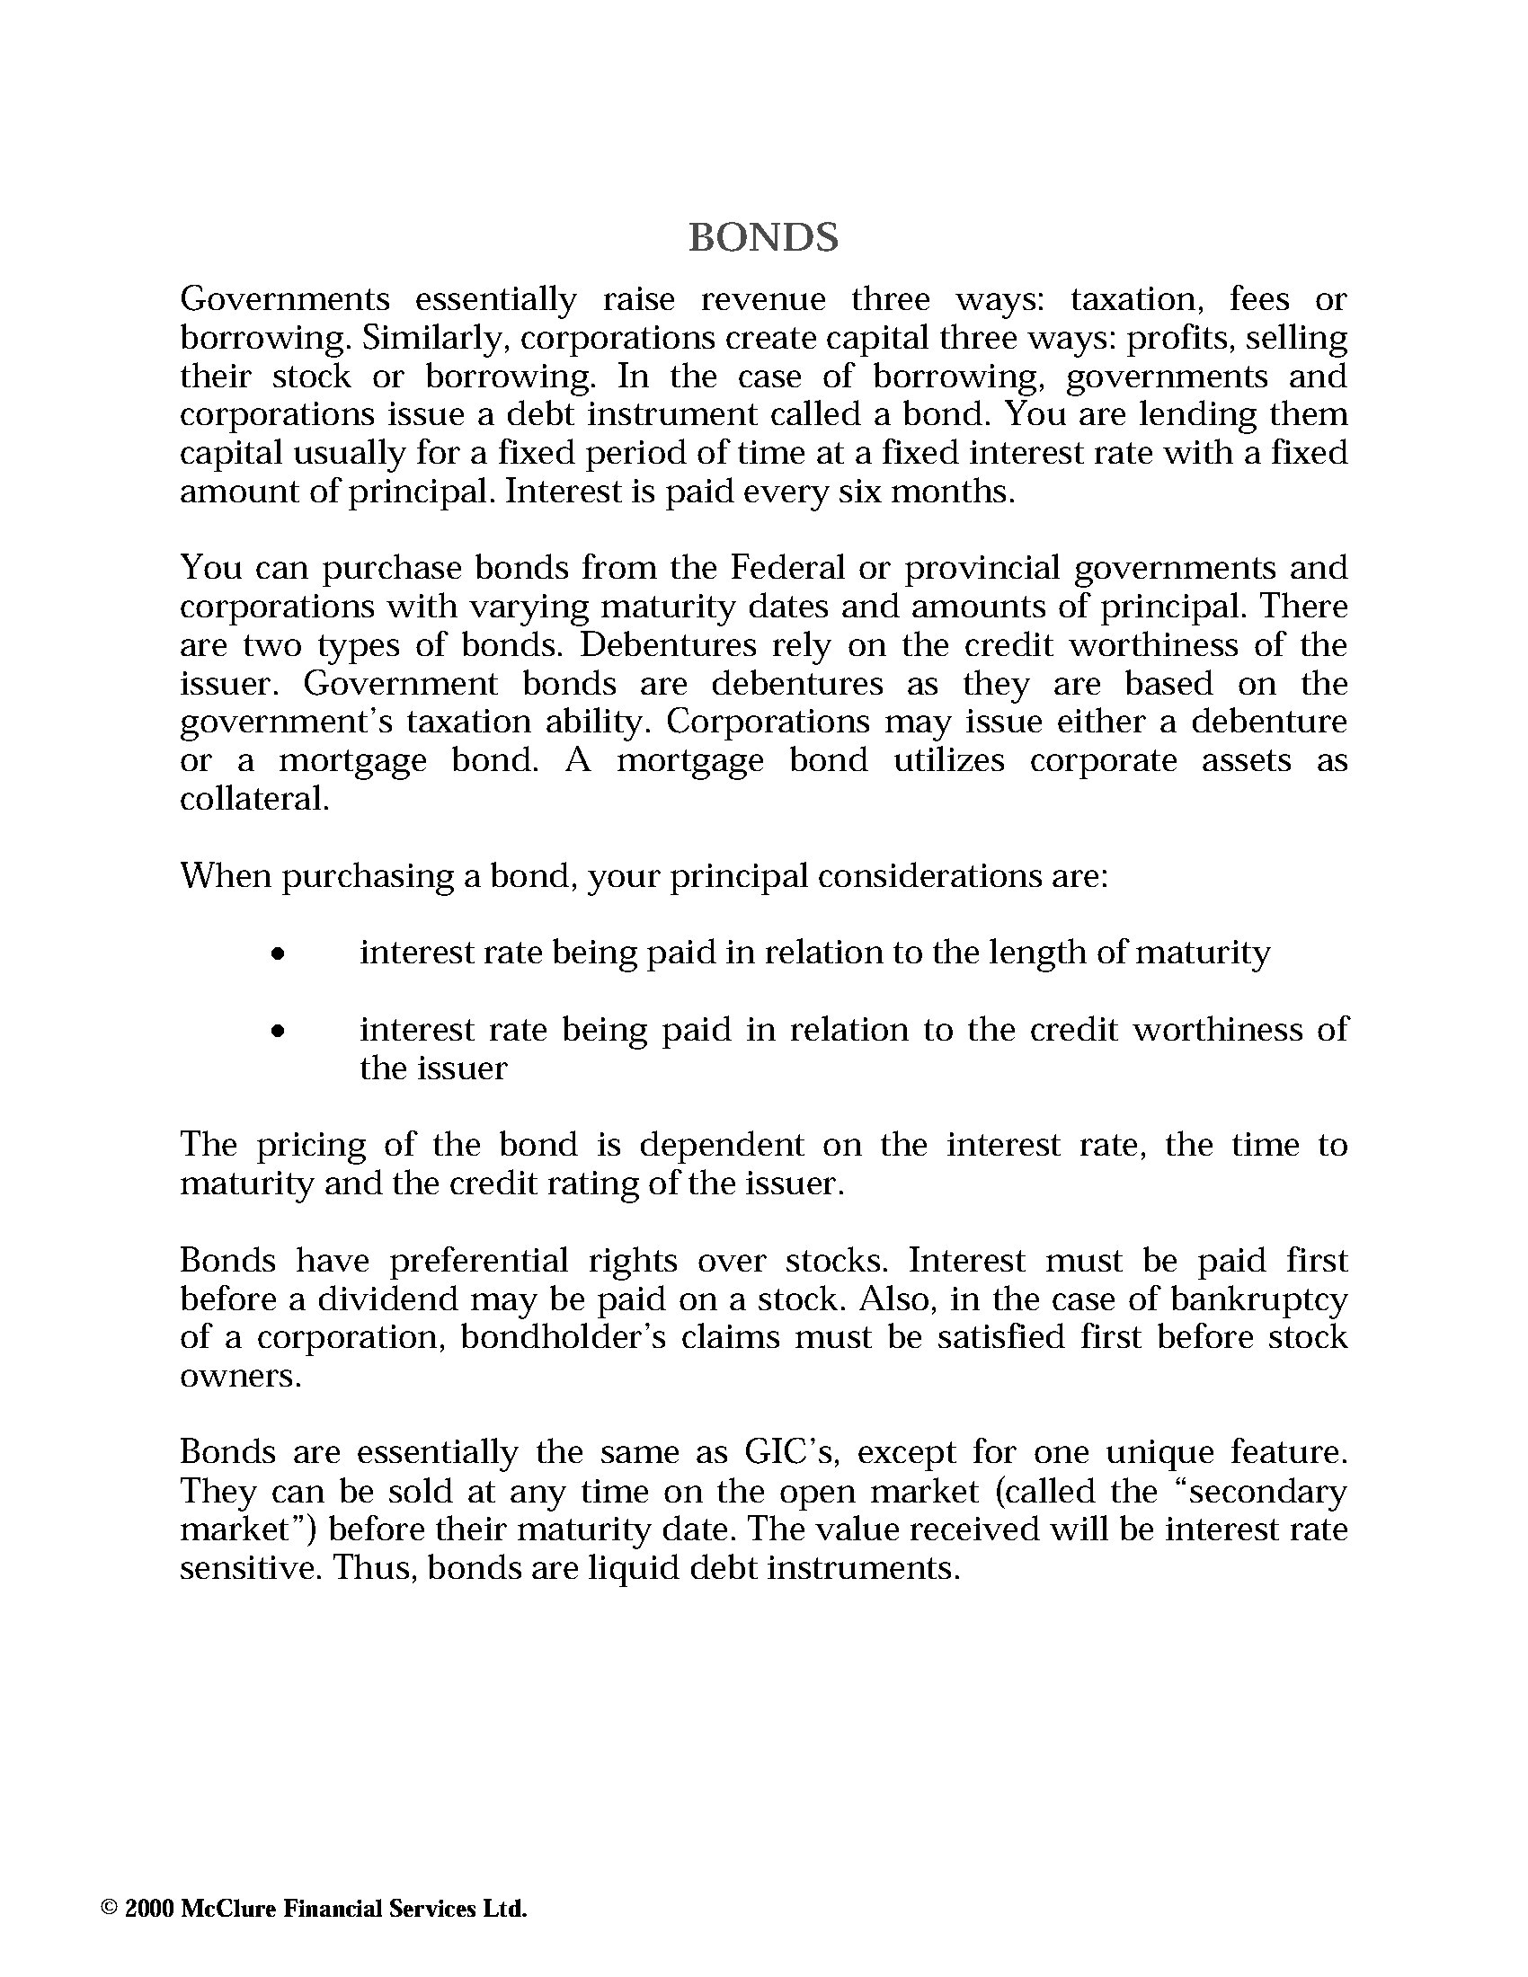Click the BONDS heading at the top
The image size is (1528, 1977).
[763, 237]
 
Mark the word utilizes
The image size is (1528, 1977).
[948, 759]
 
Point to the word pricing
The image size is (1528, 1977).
[310, 1145]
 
